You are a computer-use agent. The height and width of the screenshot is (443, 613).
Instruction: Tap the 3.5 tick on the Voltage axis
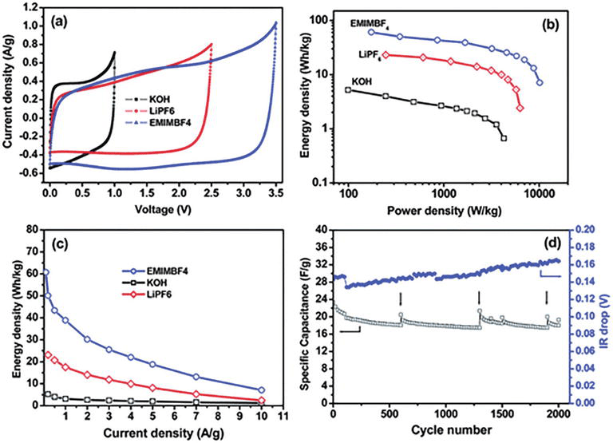(x=276, y=193)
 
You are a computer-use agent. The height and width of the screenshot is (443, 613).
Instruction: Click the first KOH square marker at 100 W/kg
(x=348, y=89)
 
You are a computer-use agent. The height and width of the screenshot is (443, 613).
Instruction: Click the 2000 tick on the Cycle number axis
(x=559, y=416)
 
